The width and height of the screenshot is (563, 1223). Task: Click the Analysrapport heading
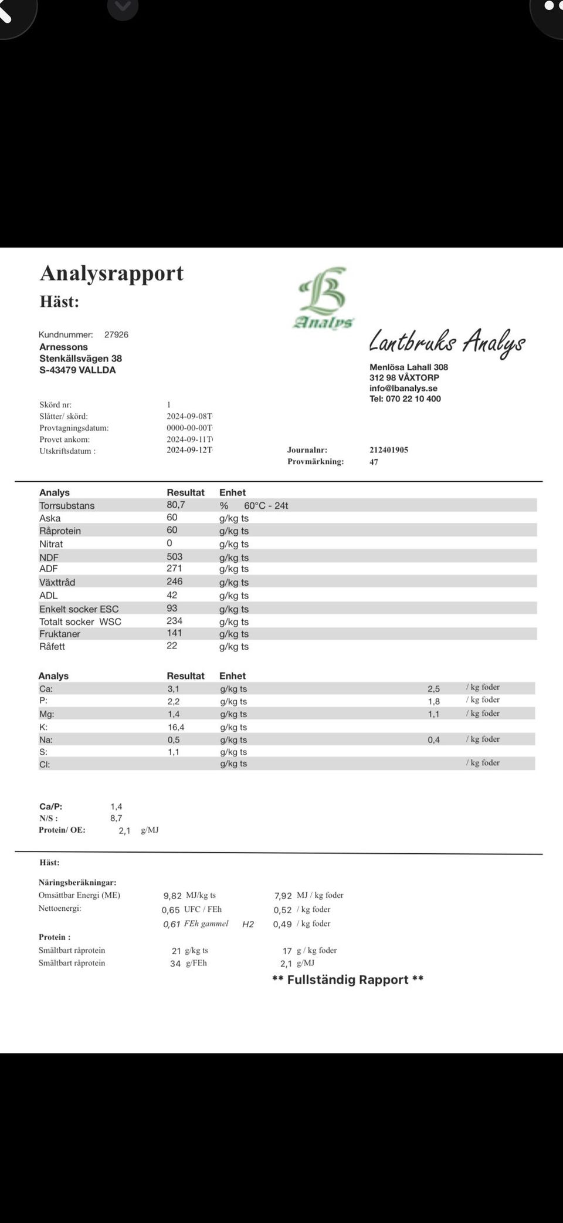click(111, 273)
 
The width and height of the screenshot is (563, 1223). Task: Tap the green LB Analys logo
click(324, 298)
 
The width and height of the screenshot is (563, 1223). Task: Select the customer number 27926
click(116, 335)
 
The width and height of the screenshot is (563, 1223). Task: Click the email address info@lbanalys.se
click(403, 388)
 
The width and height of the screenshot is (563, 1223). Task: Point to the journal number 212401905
click(389, 450)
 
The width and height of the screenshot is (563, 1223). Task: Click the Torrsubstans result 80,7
click(176, 505)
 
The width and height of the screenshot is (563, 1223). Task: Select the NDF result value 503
click(175, 556)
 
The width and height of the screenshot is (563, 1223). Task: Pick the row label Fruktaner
click(60, 634)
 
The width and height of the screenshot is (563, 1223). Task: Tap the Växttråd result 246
click(175, 581)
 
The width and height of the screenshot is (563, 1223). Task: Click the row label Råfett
click(52, 647)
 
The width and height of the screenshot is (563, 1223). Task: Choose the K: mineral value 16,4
click(176, 727)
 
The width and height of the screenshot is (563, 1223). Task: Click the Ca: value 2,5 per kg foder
click(433, 689)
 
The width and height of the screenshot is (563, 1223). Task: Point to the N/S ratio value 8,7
click(116, 818)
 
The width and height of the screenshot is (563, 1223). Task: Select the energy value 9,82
click(172, 896)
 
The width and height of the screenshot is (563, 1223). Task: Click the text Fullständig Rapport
click(348, 980)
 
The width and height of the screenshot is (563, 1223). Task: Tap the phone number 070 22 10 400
click(413, 399)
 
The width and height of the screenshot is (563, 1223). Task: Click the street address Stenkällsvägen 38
click(80, 359)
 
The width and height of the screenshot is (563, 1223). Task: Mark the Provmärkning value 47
click(374, 462)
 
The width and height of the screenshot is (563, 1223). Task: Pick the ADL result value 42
click(172, 594)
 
